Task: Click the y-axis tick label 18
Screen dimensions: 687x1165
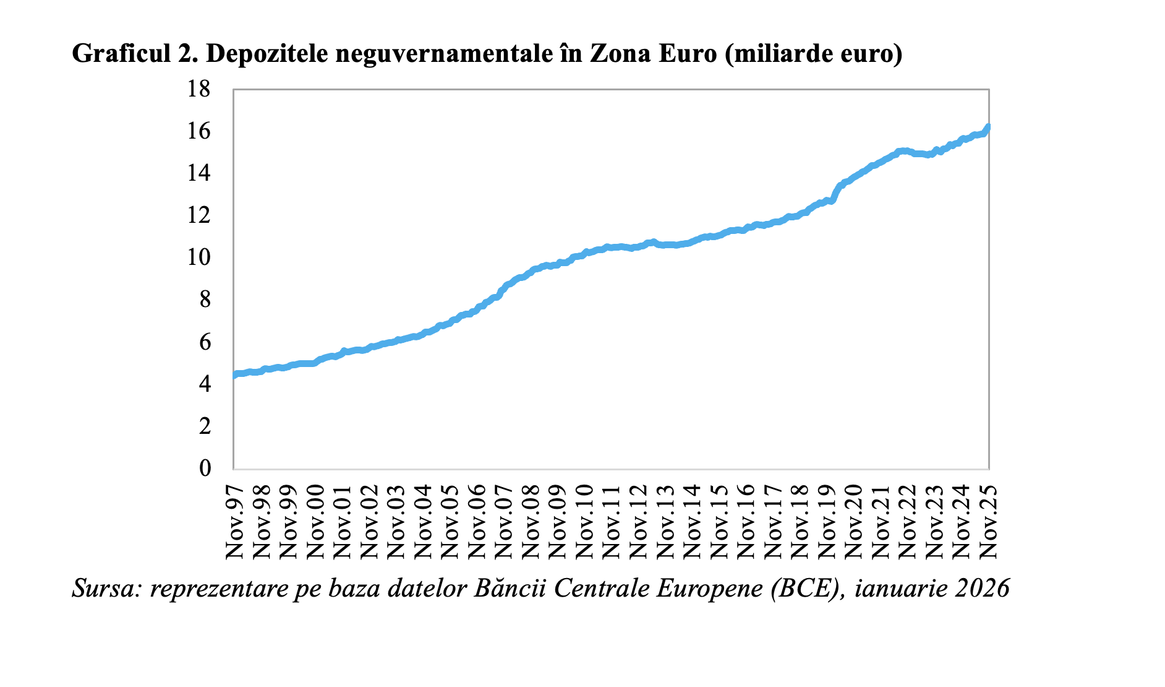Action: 199,90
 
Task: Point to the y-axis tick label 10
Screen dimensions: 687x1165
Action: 199,257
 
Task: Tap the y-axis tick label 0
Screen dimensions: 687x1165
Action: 205,468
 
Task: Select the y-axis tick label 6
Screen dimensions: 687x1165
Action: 205,342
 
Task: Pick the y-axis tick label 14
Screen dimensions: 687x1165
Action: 199,173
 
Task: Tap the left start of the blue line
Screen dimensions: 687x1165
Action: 234,375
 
